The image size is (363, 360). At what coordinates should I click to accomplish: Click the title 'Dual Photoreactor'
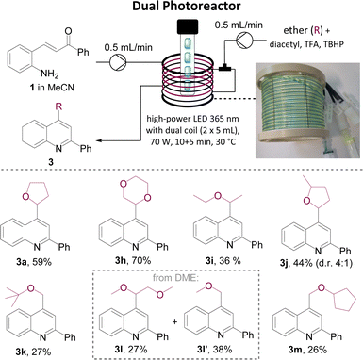[181, 8]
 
